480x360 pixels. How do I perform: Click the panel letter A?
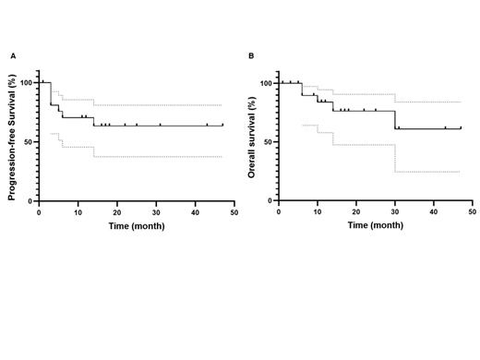click(13, 56)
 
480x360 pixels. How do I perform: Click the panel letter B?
click(252, 56)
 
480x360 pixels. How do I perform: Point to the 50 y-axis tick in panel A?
click(28, 141)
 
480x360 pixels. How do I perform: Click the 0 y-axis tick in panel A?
click(30, 200)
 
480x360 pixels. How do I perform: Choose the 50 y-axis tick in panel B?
click(268, 141)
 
